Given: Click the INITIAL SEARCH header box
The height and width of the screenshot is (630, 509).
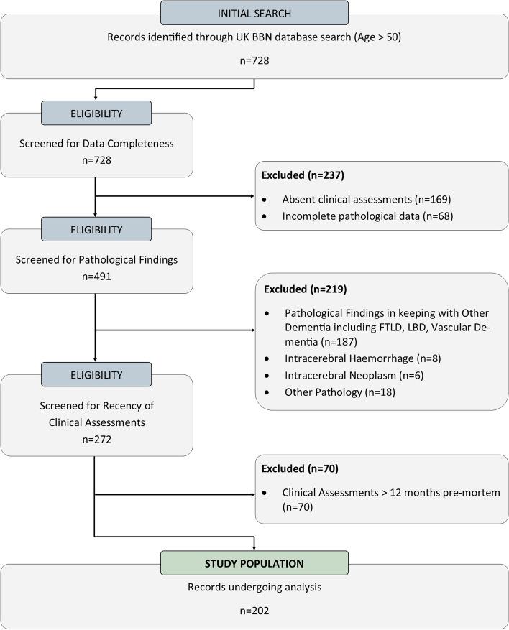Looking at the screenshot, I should tap(254, 13).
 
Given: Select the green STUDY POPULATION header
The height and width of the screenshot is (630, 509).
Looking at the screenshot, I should tap(254, 562).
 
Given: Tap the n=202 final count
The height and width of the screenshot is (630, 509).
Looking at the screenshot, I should tap(254, 613).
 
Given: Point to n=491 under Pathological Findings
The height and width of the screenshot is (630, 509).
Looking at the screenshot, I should tap(96, 277).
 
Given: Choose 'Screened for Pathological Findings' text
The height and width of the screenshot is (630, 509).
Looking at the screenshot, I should tap(96, 259).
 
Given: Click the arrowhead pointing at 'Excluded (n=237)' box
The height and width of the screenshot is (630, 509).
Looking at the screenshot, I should tap(252, 195).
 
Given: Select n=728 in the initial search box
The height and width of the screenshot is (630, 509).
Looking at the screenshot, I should tap(254, 62).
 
